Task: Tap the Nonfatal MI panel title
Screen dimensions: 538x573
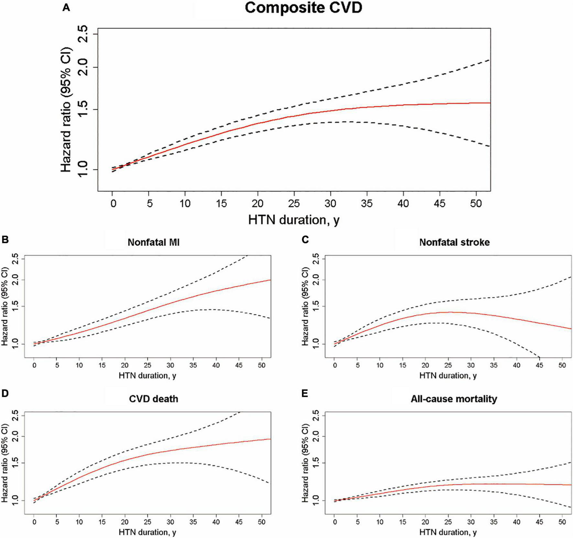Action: (x=153, y=242)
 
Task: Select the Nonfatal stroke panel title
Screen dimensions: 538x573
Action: (x=454, y=242)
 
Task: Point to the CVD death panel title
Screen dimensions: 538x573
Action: (x=153, y=399)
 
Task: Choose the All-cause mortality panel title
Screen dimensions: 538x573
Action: (x=454, y=399)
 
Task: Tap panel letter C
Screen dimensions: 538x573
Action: (x=305, y=240)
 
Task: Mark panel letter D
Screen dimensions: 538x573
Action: (x=5, y=393)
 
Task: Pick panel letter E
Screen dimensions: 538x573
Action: (x=305, y=393)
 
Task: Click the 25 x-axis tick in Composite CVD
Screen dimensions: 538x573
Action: (x=294, y=203)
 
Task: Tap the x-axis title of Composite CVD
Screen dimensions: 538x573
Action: (x=294, y=220)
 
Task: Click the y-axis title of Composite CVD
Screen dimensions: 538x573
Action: (x=66, y=110)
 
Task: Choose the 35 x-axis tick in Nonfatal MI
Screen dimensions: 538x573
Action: (x=193, y=366)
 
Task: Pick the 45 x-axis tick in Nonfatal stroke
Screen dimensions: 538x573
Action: (x=539, y=366)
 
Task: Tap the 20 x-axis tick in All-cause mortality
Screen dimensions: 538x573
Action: (x=426, y=522)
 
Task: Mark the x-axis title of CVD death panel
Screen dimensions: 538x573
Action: (x=147, y=532)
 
